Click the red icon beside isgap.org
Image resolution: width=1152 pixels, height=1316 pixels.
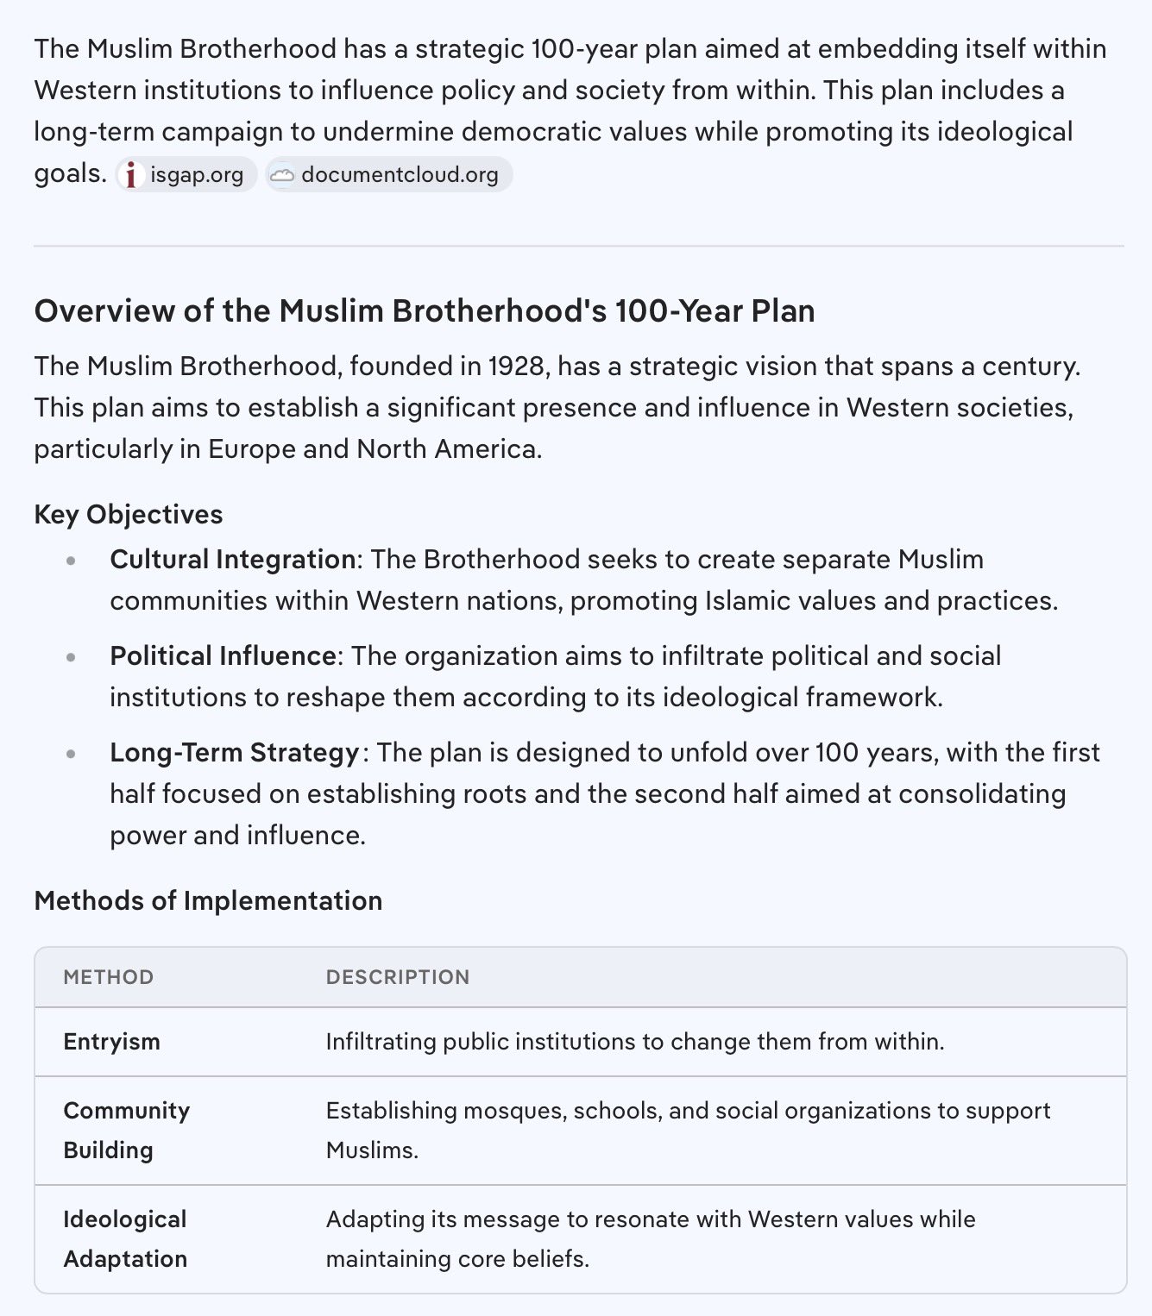click(131, 175)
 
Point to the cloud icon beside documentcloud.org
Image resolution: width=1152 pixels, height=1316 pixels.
click(281, 175)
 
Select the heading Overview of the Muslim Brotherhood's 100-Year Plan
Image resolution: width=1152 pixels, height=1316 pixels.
click(425, 310)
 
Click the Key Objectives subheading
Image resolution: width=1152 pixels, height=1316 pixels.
click(129, 514)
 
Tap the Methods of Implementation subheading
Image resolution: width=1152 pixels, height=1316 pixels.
click(208, 900)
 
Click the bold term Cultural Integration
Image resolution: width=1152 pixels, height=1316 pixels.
click(232, 559)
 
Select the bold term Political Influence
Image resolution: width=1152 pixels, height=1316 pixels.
click(223, 655)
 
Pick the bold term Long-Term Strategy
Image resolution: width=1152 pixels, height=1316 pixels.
click(234, 752)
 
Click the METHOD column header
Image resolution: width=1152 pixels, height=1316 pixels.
click(109, 977)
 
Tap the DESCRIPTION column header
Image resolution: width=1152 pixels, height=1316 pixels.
click(398, 977)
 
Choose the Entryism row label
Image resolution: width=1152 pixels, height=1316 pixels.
click(112, 1041)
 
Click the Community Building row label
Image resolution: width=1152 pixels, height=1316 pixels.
click(126, 1130)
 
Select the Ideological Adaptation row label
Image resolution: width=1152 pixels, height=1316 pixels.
click(125, 1238)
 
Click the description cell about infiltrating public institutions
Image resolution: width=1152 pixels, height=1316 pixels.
click(635, 1041)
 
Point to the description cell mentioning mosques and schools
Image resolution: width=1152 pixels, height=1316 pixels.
click(688, 1130)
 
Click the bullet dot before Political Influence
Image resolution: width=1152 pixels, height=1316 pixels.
click(71, 657)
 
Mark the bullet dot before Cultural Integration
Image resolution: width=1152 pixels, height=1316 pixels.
click(71, 561)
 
